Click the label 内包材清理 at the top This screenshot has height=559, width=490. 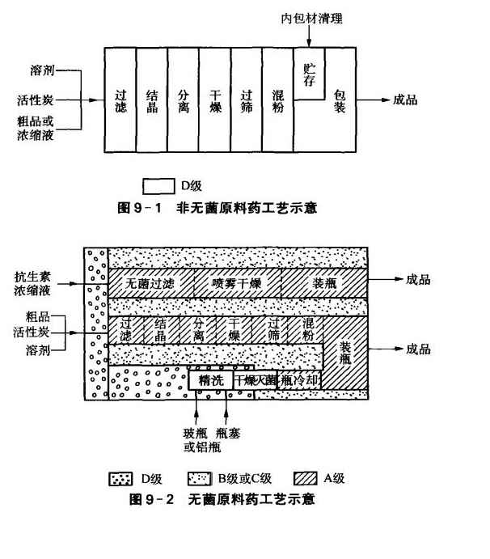coord(310,17)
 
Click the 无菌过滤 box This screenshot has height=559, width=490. coord(150,283)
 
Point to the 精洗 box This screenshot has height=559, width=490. coord(210,379)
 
